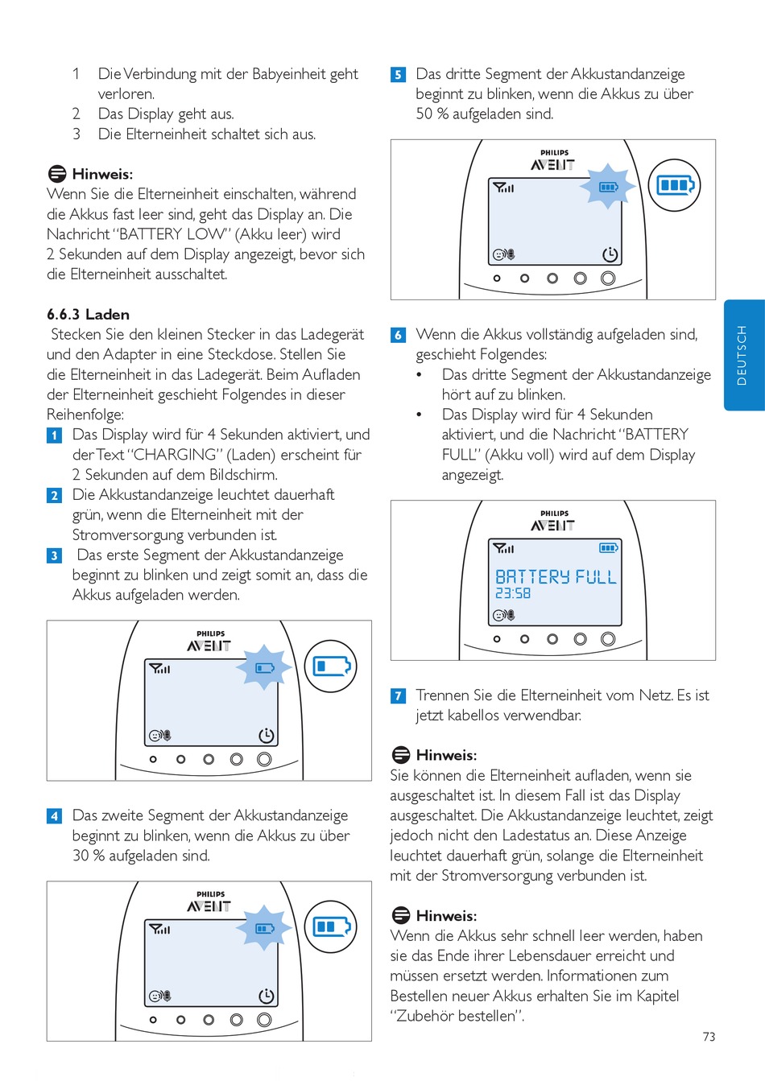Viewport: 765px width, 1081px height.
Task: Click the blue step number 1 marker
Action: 54,435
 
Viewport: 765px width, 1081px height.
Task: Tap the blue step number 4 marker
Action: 54,816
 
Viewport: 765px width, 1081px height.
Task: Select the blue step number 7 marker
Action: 398,696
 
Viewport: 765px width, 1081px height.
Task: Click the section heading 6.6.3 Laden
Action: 88,315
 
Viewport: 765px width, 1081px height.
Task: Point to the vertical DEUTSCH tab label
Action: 742,355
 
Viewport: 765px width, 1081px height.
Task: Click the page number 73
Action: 709,1037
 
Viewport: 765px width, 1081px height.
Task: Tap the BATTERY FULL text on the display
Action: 556,577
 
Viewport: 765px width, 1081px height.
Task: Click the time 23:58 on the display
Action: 513,594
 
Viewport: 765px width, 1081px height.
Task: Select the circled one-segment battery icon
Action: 331,666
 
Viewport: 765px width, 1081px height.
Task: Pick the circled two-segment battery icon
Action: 331,927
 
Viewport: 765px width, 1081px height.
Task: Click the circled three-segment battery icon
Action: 675,185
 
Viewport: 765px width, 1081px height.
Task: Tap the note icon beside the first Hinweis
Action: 57,174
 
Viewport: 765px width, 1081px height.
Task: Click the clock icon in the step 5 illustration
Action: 610,254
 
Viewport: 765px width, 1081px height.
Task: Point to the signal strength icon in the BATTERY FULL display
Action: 503,548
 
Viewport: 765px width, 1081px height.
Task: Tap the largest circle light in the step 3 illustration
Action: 264,759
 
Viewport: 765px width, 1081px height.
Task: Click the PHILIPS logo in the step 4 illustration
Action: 211,894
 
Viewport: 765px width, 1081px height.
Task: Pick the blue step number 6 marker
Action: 398,335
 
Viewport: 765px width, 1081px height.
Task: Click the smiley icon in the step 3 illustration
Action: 155,736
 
